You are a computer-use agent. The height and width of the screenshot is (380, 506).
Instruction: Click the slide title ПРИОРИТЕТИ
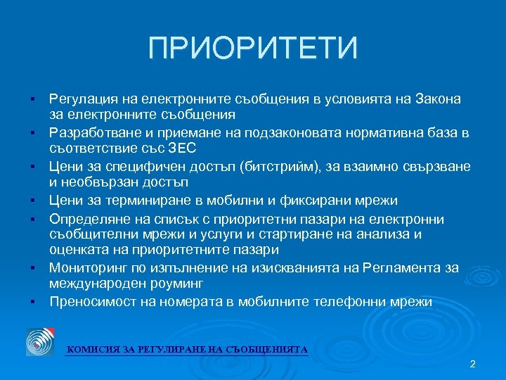[253, 49]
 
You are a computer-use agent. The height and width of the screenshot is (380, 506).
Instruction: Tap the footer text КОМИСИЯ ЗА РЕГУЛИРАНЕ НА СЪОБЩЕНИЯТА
[186, 349]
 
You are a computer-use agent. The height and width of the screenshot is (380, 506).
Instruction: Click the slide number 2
[472, 364]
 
